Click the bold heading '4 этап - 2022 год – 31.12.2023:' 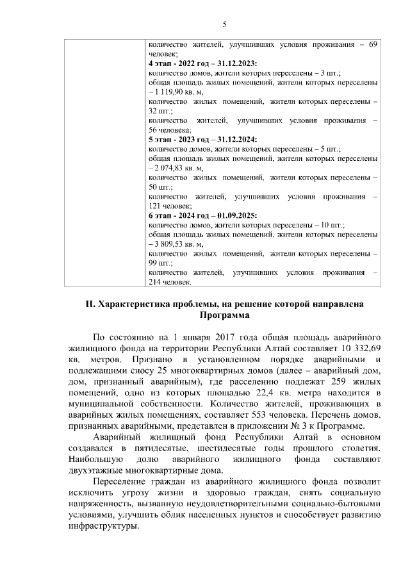(x=202, y=64)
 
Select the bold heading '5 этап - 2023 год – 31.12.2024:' (x=202, y=139)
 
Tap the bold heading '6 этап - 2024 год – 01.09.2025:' (x=202, y=215)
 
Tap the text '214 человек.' (x=170, y=282)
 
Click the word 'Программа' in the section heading (x=224, y=316)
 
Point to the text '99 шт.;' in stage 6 (x=161, y=263)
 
